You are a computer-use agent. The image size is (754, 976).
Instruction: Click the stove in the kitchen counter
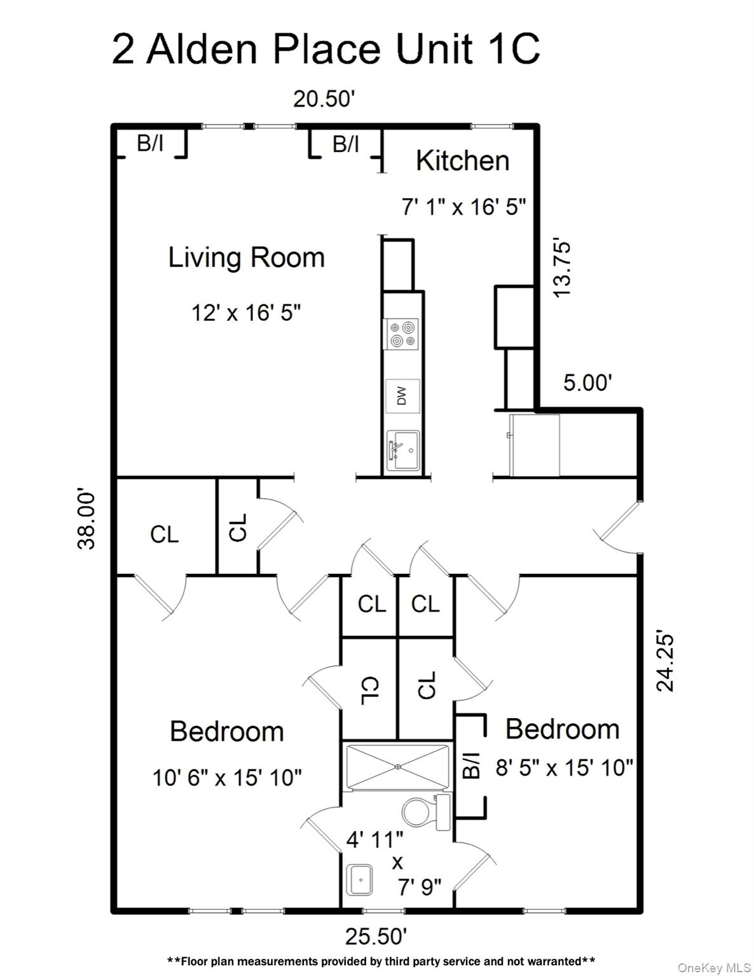point(402,334)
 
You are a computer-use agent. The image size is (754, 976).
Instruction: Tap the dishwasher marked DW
point(402,396)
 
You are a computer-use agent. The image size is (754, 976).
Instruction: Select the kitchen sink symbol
point(402,450)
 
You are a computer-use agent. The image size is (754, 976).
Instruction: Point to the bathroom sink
point(360,880)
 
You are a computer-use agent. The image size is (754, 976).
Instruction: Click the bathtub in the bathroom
point(397,767)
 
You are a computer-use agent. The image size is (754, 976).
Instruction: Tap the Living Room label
point(246,257)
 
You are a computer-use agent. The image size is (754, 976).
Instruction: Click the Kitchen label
point(462,160)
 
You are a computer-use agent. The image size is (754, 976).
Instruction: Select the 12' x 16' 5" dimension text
point(246,313)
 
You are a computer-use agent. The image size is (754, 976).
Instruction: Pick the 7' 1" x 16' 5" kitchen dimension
point(463,207)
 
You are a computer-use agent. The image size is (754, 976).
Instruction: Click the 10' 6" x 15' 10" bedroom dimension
point(227,777)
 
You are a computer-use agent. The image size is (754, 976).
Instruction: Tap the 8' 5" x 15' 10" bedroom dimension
point(564,768)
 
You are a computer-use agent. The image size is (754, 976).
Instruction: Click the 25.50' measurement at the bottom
point(376,936)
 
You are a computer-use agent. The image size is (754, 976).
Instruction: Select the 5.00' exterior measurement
point(587,383)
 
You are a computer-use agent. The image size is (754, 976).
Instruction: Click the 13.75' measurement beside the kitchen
point(563,268)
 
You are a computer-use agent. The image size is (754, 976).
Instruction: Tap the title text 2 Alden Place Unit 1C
point(326,50)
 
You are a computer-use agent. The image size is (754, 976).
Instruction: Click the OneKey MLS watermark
point(714,968)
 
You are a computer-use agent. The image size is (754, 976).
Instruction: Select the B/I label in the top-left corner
point(150,144)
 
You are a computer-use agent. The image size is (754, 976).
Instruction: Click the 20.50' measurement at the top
point(324,99)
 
